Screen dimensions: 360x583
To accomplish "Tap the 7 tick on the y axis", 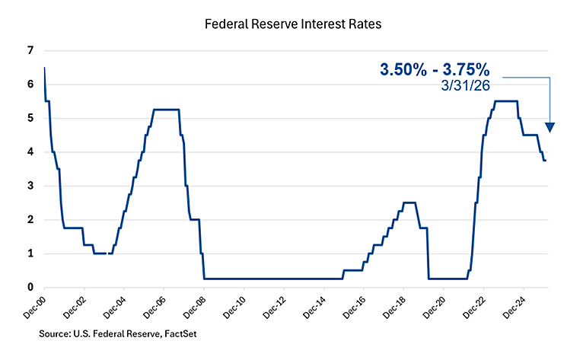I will pos(30,51).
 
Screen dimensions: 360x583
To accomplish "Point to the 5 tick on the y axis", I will pos(30,119).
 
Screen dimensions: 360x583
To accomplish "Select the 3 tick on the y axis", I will pos(30,186).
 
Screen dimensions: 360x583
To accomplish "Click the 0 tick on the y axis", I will pos(30,288).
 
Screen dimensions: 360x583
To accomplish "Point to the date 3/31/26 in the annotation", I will pos(466,87).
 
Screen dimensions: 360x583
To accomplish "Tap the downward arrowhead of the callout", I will pos(550,127).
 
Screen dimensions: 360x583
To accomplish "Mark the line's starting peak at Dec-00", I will pos(45,68).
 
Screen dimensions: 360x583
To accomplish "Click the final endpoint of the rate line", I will pos(546,161).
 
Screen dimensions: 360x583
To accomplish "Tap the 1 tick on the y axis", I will pos(30,253).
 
